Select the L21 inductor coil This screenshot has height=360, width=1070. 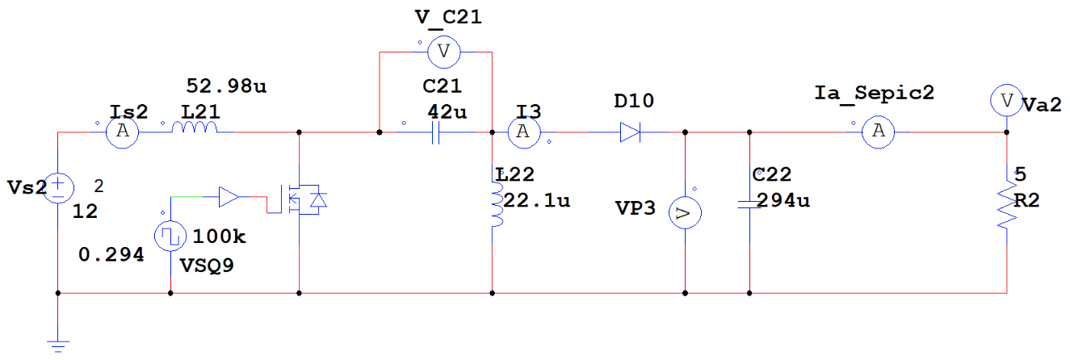coord(195,130)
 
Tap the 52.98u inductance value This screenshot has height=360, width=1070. coord(225,86)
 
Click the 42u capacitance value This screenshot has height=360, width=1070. coord(447,112)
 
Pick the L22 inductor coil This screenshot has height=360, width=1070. coord(494,208)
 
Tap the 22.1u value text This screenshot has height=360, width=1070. coord(537,199)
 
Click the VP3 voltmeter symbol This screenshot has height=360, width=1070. coord(685,213)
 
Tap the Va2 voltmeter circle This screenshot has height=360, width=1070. coord(1006,101)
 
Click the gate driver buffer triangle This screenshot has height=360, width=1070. coord(229,196)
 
